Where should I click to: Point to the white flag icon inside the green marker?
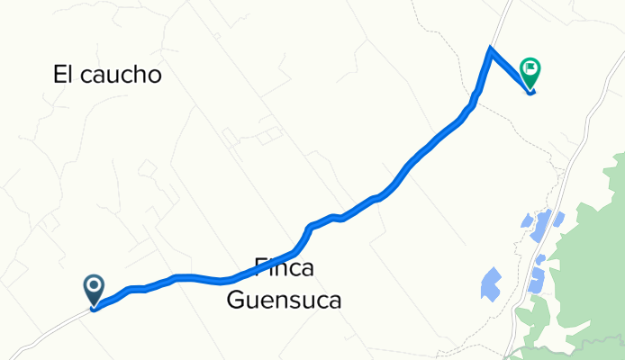[531, 67]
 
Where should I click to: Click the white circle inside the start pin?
[95, 286]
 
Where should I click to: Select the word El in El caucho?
[66, 75]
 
